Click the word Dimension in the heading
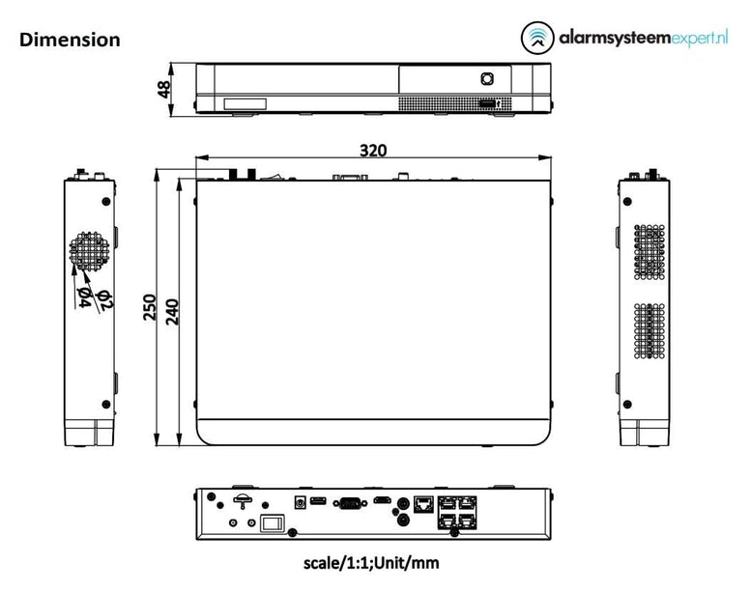coord(70,40)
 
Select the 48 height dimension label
coord(164,89)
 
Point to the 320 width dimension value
coord(373,151)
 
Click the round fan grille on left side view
coord(89,250)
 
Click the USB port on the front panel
coord(486,102)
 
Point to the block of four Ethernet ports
coord(457,511)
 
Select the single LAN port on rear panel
coord(422,502)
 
